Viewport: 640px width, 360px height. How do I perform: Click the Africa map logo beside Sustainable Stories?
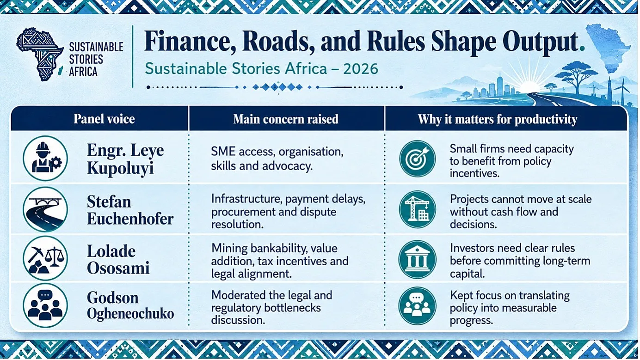(40, 54)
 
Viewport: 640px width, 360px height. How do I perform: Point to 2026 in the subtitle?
(361, 69)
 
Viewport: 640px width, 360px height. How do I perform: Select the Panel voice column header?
(104, 119)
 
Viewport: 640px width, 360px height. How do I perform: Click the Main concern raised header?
(286, 119)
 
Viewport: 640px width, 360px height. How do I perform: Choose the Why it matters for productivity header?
(498, 119)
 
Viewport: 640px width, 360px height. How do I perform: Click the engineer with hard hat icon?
(45, 158)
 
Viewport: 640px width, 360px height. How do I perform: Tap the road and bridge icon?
(45, 209)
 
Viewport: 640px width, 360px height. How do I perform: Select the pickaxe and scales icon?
(45, 258)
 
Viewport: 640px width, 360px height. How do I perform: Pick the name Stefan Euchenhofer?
(130, 210)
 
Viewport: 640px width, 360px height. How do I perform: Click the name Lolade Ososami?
(118, 260)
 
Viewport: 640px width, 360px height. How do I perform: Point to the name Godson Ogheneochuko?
(130, 305)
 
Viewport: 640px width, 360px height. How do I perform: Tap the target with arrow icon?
(418, 159)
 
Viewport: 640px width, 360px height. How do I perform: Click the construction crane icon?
(418, 209)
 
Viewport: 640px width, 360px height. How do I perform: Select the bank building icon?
(418, 259)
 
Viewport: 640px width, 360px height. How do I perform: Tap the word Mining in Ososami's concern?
(229, 248)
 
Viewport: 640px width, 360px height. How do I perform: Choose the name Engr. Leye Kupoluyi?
(125, 159)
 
